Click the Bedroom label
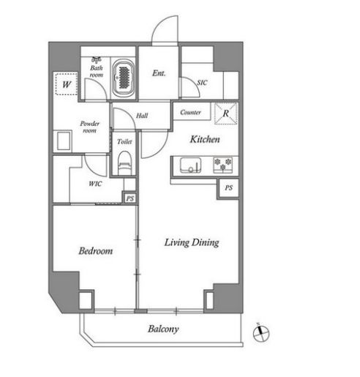click(x=96, y=251)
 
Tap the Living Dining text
click(x=192, y=242)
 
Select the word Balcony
click(x=163, y=329)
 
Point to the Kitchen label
click(x=205, y=139)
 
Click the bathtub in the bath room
click(x=124, y=78)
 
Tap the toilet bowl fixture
click(x=124, y=163)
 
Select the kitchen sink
click(x=191, y=165)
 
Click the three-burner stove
click(x=223, y=165)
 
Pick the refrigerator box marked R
click(x=226, y=113)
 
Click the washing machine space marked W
click(x=67, y=83)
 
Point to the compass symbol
click(x=261, y=333)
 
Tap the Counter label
click(x=190, y=112)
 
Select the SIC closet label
click(x=202, y=83)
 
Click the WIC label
click(x=95, y=184)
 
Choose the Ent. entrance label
click(x=159, y=73)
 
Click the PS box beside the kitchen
click(x=228, y=188)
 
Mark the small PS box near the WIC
click(x=130, y=198)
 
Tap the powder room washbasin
click(x=64, y=141)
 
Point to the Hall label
click(x=142, y=116)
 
